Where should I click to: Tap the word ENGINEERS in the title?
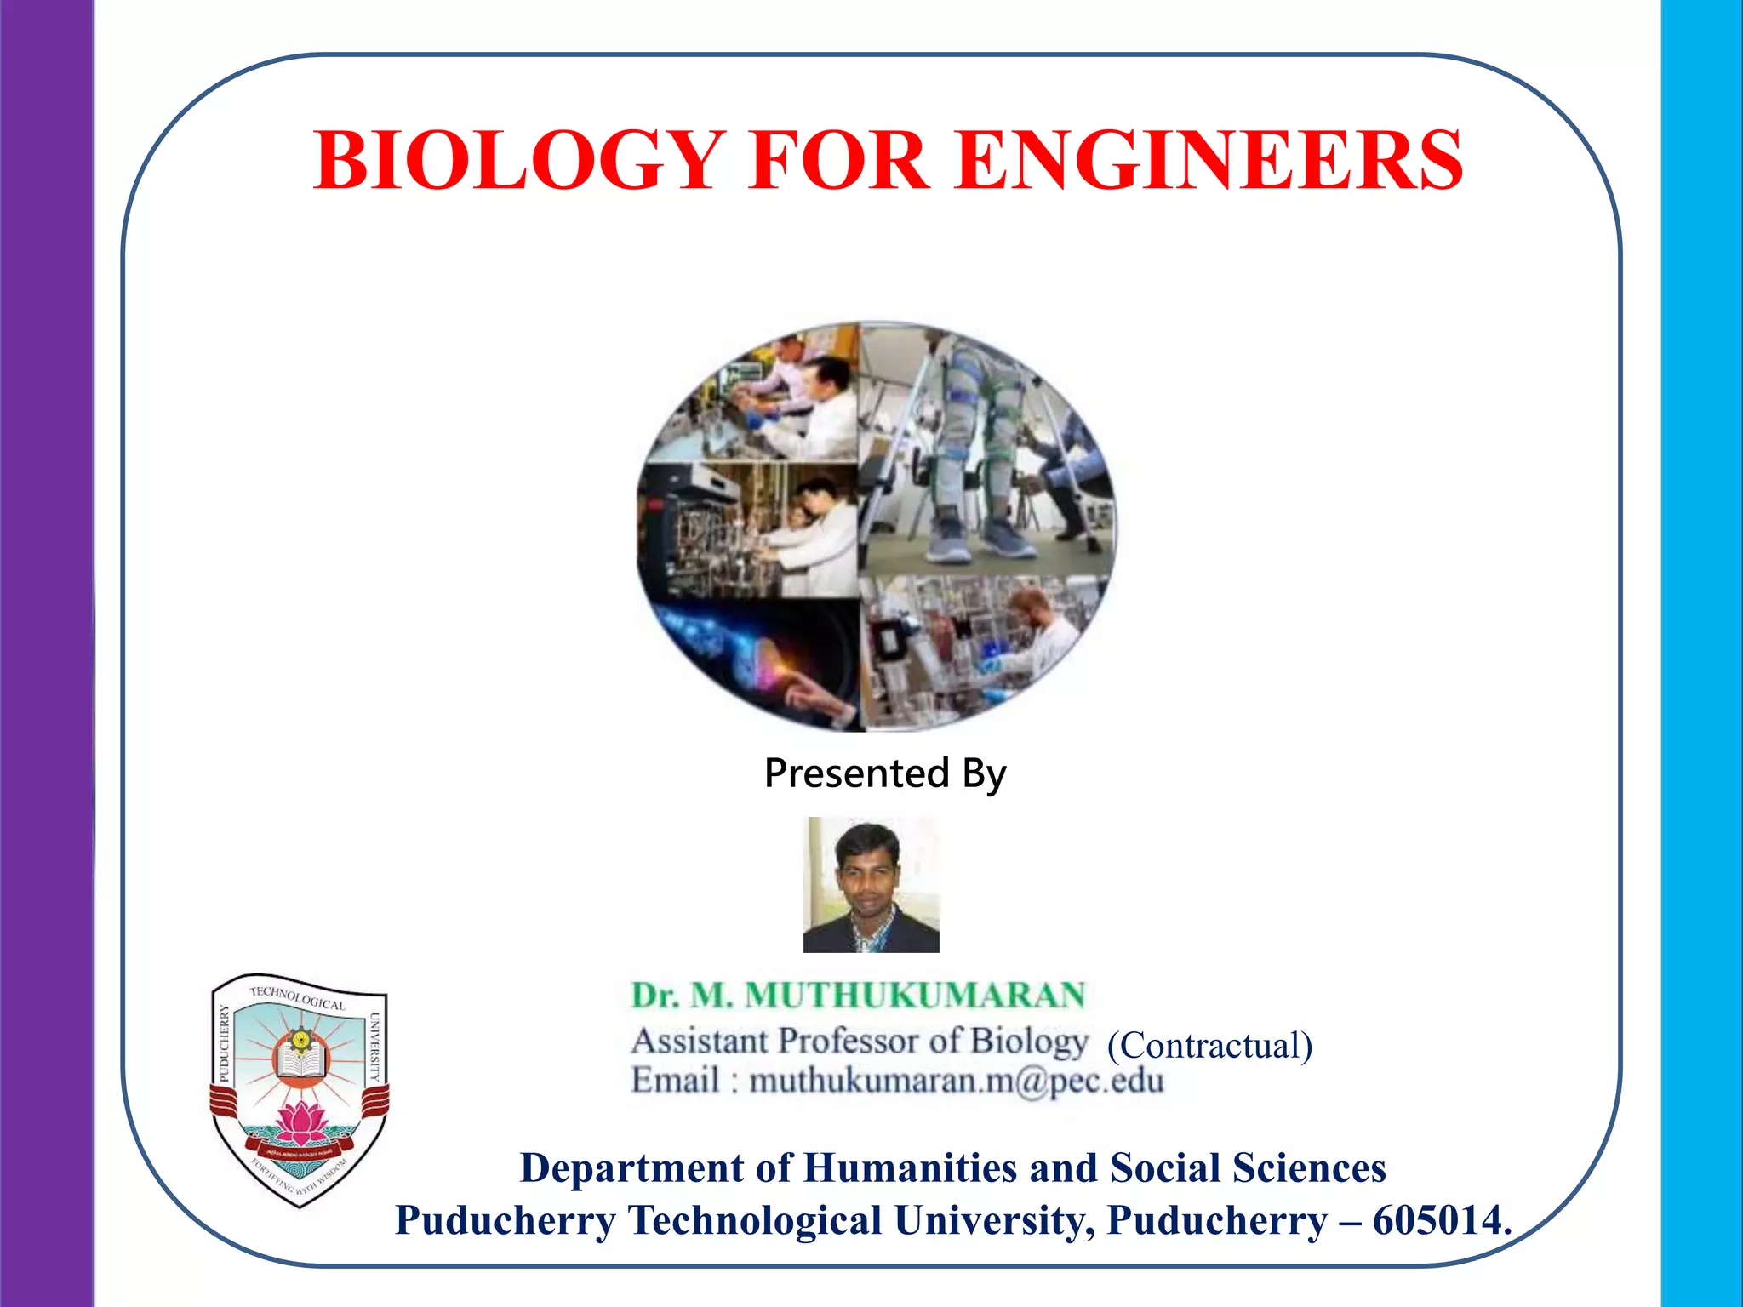1209,161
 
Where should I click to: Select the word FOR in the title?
838,161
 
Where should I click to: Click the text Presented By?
885,773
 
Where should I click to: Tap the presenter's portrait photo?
871,884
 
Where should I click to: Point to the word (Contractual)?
1209,1045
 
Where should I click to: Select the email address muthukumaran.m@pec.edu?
956,1081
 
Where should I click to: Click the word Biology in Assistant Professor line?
1029,1041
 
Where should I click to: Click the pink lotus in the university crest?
301,1122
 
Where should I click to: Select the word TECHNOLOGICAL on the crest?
297,996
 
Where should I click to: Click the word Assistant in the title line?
700,1041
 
